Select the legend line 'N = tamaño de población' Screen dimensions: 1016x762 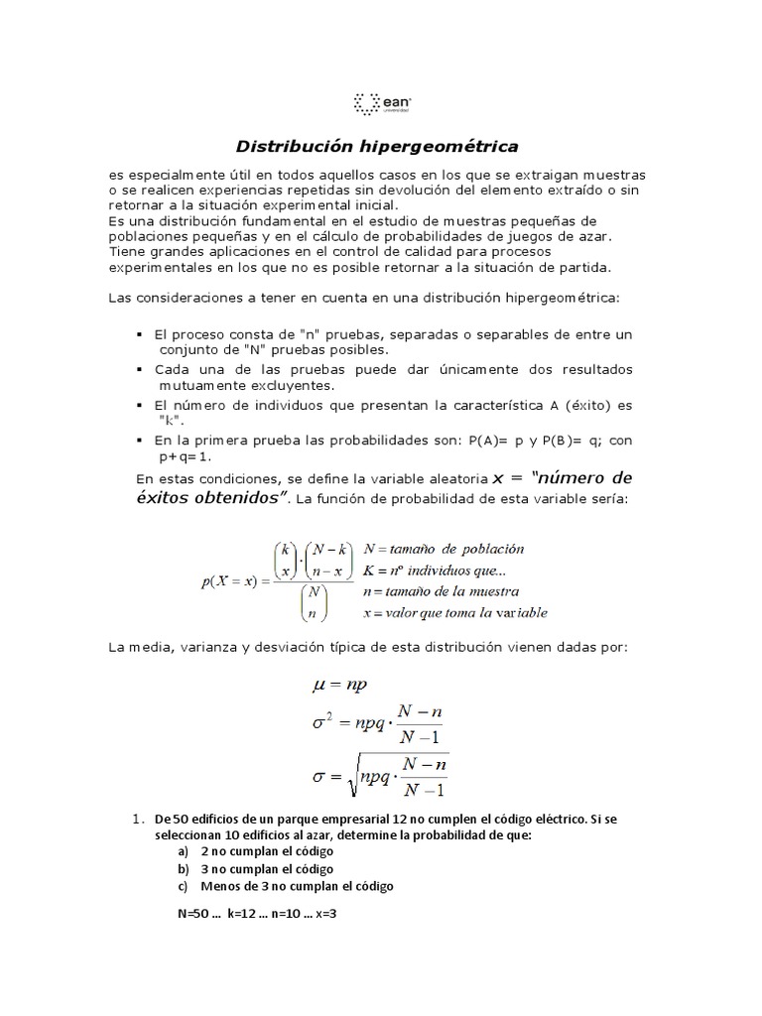444,549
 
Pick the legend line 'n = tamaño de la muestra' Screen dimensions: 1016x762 443,591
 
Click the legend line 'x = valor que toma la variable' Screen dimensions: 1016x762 454,612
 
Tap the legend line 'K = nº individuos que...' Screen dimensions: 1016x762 435,570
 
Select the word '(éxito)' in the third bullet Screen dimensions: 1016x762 589,405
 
